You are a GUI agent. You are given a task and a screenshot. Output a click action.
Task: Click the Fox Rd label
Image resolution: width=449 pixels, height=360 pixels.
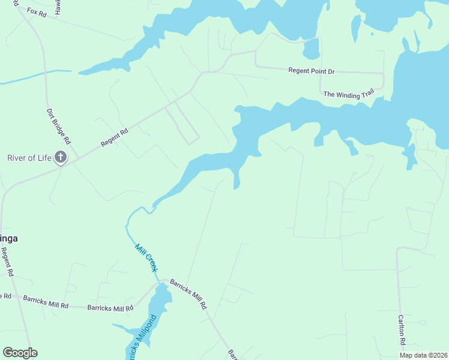click(x=37, y=11)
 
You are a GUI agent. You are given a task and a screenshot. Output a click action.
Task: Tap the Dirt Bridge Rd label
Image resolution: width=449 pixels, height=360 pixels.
click(x=59, y=126)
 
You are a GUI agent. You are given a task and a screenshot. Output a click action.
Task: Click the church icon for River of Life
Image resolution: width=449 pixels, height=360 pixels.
click(x=61, y=158)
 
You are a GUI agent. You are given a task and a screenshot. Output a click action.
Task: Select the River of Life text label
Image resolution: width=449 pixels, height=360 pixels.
click(x=29, y=158)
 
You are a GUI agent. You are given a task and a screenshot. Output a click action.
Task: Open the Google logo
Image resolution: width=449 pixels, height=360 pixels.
click(x=20, y=353)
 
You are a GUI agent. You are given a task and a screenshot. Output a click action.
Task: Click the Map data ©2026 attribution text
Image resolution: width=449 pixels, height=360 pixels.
click(x=423, y=355)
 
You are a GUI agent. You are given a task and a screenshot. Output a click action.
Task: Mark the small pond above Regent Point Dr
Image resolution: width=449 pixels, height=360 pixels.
click(x=312, y=49)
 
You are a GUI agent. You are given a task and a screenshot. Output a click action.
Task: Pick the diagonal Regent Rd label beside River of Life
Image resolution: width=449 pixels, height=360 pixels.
click(x=115, y=138)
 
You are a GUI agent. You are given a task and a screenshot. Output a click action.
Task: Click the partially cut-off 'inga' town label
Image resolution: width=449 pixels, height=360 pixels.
click(x=8, y=238)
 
